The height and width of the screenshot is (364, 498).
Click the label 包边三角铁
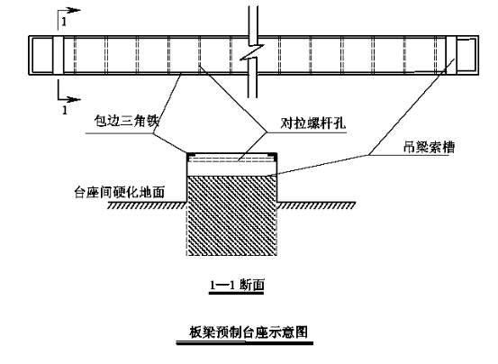click(126, 121)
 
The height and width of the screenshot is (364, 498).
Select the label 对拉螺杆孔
click(312, 123)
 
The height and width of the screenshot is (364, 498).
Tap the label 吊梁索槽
click(429, 147)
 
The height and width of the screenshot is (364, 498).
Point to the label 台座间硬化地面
click(120, 192)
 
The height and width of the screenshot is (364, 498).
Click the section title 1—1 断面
click(237, 286)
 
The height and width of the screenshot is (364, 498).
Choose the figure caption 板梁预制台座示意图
click(249, 332)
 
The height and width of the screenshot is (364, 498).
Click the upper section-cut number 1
click(65, 22)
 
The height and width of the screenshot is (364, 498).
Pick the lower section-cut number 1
click(65, 110)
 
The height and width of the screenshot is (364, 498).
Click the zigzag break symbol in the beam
click(252, 51)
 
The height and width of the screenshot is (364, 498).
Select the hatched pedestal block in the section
click(231, 215)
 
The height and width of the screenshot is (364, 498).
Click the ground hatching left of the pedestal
click(146, 205)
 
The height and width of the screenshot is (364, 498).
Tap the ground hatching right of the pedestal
click(316, 205)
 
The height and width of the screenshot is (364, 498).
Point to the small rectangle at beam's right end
click(466, 55)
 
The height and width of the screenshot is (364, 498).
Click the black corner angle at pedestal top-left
click(190, 155)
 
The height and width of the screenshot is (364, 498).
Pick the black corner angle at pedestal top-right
click(274, 155)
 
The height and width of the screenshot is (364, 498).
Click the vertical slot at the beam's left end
click(59, 55)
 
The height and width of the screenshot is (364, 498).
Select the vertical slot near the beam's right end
click(451, 55)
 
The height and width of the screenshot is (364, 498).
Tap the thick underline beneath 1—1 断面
click(236, 293)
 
